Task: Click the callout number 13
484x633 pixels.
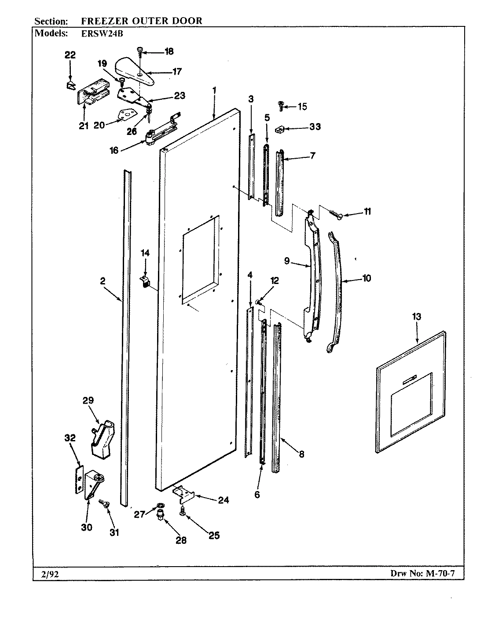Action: coord(416,316)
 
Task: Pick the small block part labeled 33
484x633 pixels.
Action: coord(278,129)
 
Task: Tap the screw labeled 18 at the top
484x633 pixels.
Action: coord(140,51)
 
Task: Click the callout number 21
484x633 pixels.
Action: coord(84,126)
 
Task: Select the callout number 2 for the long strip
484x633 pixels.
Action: coord(102,281)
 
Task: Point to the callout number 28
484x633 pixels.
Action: coord(181,540)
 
